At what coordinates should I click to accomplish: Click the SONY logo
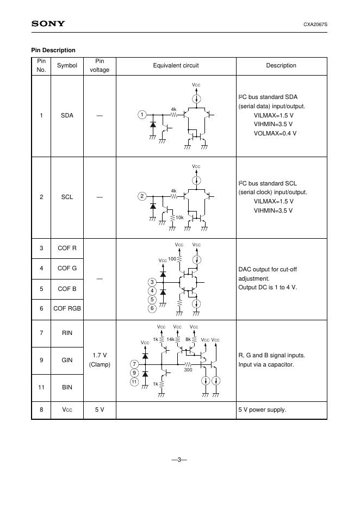click(x=48, y=23)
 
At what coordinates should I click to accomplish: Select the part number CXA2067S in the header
click(x=315, y=24)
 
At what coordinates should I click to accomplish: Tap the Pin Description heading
click(x=53, y=50)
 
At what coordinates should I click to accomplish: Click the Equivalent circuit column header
click(x=176, y=65)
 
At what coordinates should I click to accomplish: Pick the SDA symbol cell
click(x=67, y=115)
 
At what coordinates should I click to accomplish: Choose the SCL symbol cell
click(x=67, y=197)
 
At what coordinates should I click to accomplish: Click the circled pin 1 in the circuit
click(x=141, y=115)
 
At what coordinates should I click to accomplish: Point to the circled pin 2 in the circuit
click(x=141, y=196)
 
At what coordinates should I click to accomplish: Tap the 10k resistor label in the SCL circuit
click(x=180, y=218)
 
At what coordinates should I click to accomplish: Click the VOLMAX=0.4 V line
click(x=275, y=133)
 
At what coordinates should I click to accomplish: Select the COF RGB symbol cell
click(x=67, y=308)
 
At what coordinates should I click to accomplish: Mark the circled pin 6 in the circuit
click(x=152, y=308)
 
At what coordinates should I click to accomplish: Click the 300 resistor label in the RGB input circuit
click(x=188, y=370)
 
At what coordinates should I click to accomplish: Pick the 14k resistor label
click(x=170, y=339)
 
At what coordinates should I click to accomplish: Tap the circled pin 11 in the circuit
click(x=134, y=382)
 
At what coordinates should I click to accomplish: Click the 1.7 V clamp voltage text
click(x=100, y=356)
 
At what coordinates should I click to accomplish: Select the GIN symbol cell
click(x=67, y=360)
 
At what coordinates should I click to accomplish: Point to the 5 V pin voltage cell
click(x=100, y=409)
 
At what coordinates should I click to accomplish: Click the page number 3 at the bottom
click(x=179, y=460)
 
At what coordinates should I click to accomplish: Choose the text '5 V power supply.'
click(x=262, y=409)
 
